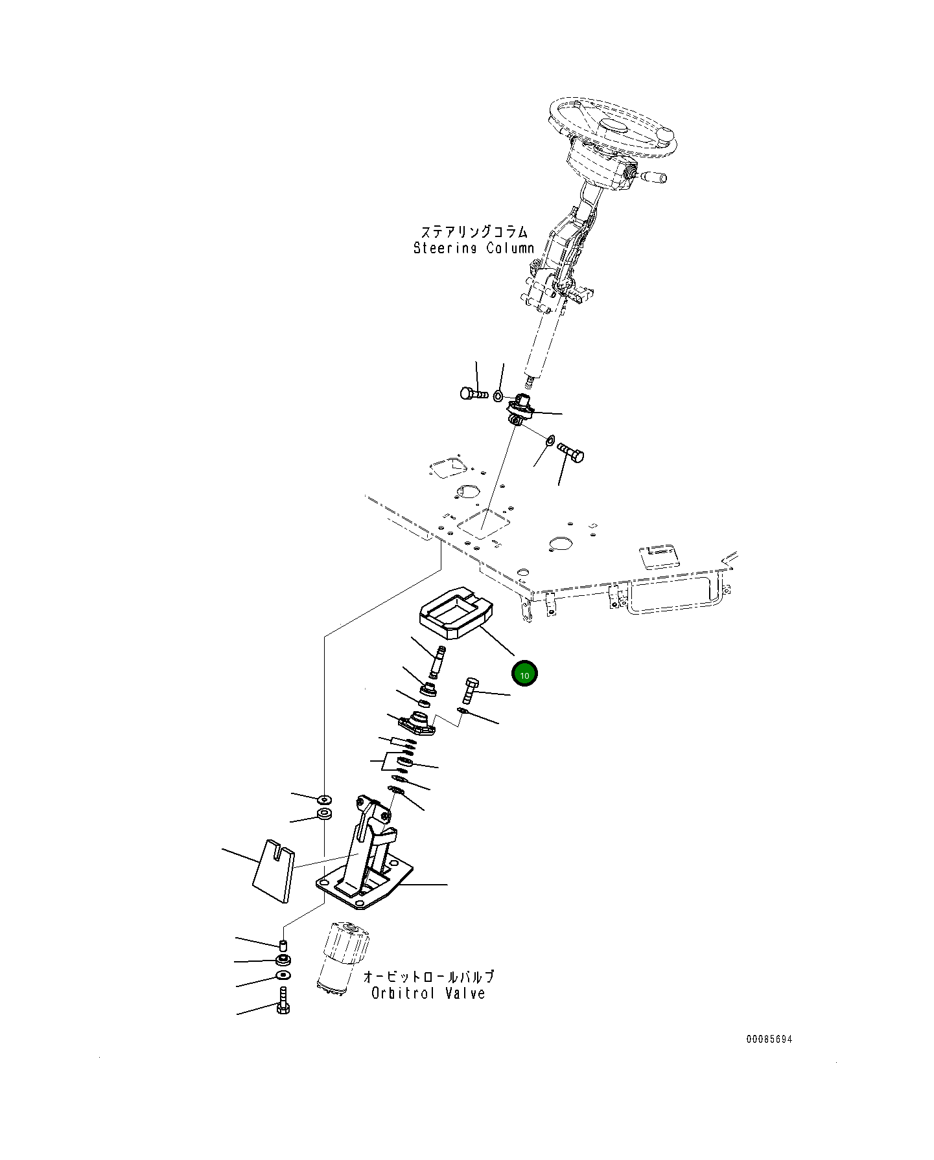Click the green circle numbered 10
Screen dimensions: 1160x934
pos(524,674)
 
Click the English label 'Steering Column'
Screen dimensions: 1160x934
pos(474,248)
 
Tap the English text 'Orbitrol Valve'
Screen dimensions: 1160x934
pos(428,993)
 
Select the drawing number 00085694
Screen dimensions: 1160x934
pos(769,1039)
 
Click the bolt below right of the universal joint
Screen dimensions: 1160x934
pos(570,451)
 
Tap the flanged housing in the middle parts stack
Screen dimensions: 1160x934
pos(417,724)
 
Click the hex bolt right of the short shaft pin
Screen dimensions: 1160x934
pos(471,690)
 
